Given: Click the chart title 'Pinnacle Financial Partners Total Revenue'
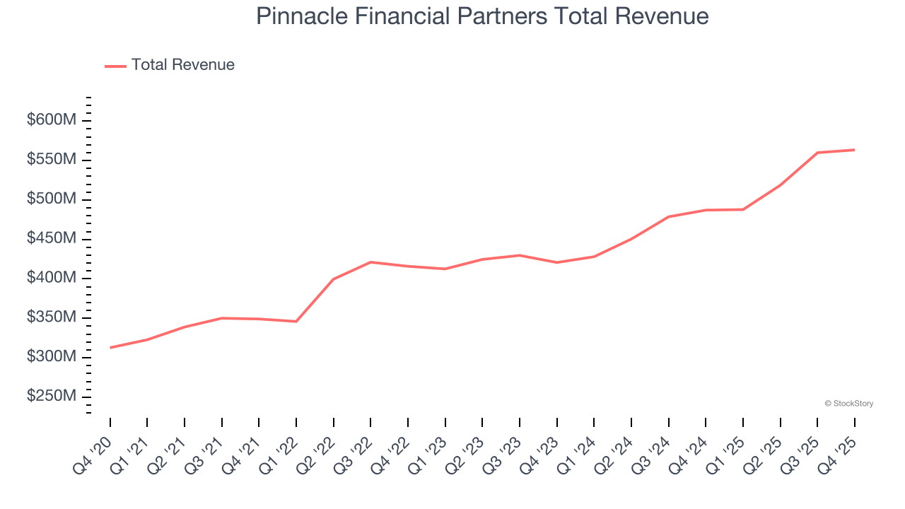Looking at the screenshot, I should (482, 16).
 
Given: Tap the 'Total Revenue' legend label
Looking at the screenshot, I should (182, 65).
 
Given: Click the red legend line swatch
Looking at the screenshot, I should (115, 66).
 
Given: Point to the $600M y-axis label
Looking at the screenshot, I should (51, 121).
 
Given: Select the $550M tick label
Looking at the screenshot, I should (51, 160).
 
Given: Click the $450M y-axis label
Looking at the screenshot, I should (51, 239).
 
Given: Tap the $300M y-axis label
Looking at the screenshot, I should (51, 357).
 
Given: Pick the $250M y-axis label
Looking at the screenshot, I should (51, 397).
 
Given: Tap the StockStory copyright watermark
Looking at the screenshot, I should (848, 404).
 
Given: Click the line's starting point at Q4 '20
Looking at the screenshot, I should (110, 348).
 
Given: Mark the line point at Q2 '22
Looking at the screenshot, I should (333, 279).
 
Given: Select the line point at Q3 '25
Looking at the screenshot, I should (817, 153).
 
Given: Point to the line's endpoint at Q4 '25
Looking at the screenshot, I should (854, 150).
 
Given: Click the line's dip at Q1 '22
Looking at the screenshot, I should (296, 322).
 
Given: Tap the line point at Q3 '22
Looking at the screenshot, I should (370, 262).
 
